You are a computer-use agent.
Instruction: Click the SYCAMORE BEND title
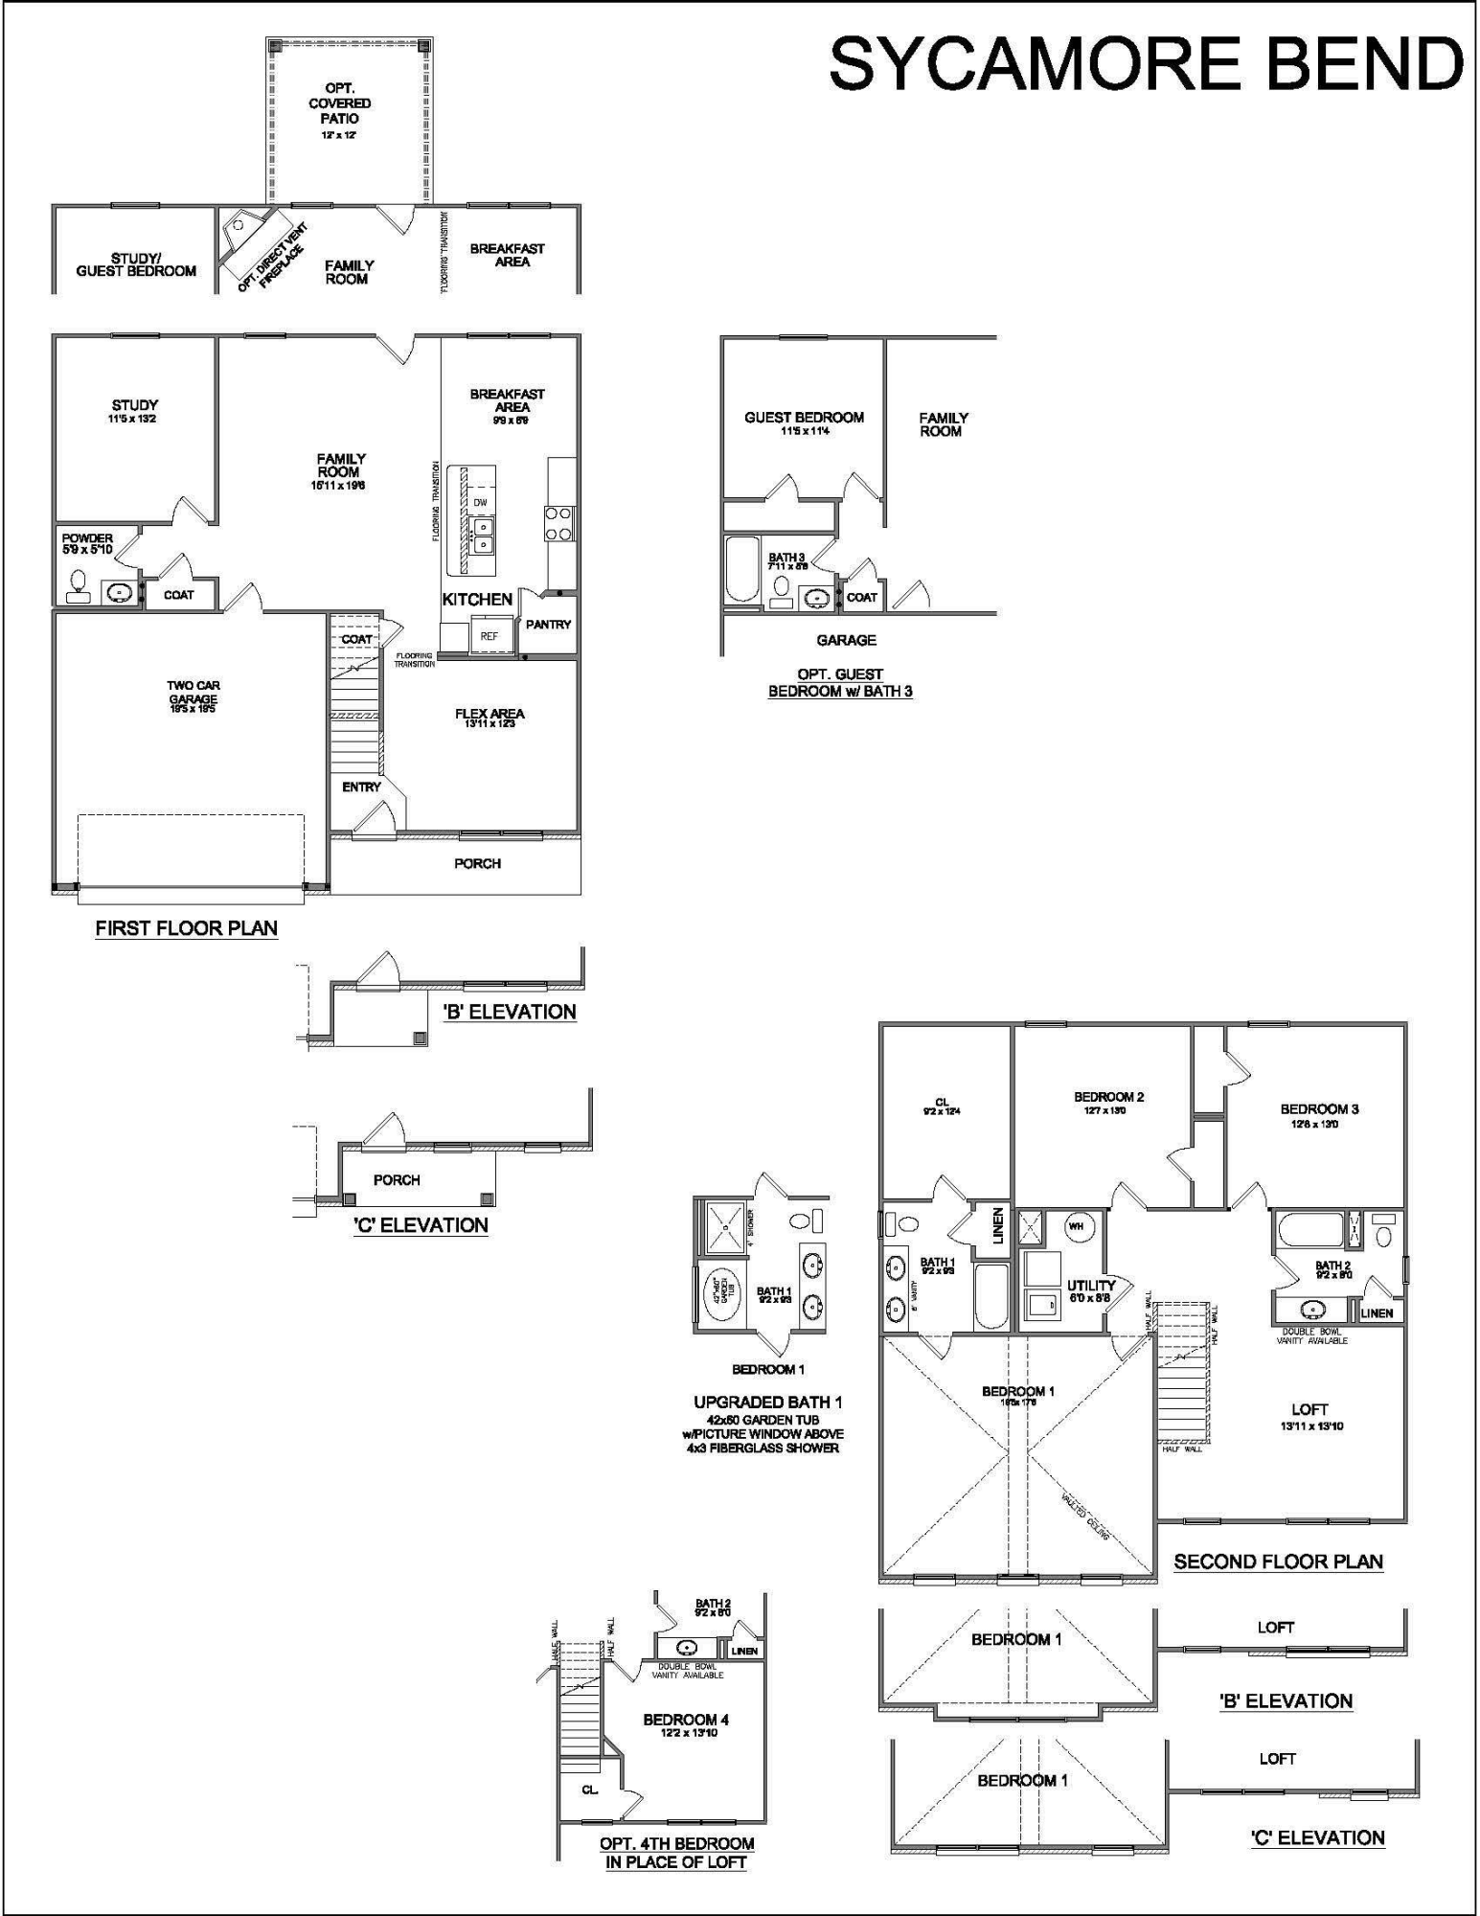tap(1145, 63)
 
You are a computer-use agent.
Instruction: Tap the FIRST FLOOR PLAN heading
tap(186, 927)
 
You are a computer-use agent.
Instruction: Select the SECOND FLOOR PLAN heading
tap(1278, 1562)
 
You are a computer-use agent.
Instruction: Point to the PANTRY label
tap(548, 625)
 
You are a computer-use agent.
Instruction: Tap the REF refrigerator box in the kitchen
tap(490, 635)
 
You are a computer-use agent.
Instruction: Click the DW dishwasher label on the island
tap(481, 502)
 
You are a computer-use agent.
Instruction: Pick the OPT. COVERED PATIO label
tap(340, 103)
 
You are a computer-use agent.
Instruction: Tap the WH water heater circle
tap(1076, 1226)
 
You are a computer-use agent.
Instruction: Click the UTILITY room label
tap(1091, 1287)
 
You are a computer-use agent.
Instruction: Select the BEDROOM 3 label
tap(1319, 1109)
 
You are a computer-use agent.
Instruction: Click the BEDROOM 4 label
tap(686, 1720)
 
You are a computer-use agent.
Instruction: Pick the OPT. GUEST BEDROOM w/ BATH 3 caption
tap(840, 682)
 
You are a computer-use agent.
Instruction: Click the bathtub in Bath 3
tap(741, 569)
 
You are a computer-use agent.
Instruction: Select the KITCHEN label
tap(477, 600)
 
